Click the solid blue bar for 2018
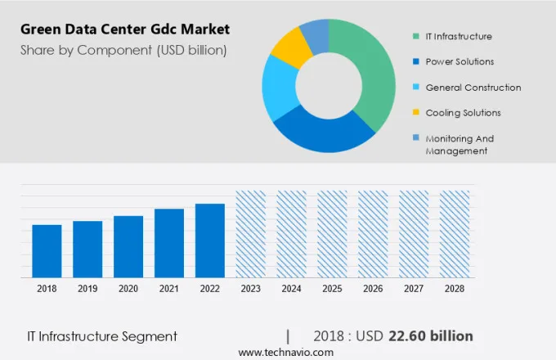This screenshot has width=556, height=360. (x=47, y=250)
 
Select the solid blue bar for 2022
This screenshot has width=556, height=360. (x=209, y=241)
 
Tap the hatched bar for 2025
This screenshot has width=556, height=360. (x=332, y=234)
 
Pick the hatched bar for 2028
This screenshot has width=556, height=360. (x=455, y=234)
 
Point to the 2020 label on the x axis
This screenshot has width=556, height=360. (x=128, y=289)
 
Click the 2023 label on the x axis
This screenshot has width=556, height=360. (x=250, y=289)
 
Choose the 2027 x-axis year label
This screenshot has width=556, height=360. (x=414, y=289)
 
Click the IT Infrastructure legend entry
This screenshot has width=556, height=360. (x=459, y=36)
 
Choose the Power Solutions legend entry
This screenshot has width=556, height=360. (x=460, y=61)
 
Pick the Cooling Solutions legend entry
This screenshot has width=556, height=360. (x=463, y=112)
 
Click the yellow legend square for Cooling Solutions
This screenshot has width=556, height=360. (x=416, y=112)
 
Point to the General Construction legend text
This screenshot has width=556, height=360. (x=473, y=87)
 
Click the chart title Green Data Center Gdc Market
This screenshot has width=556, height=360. (x=125, y=29)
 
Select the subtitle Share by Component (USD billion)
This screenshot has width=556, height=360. (x=123, y=50)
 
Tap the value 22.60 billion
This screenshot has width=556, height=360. (x=432, y=335)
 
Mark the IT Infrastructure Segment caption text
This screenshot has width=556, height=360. (x=101, y=336)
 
